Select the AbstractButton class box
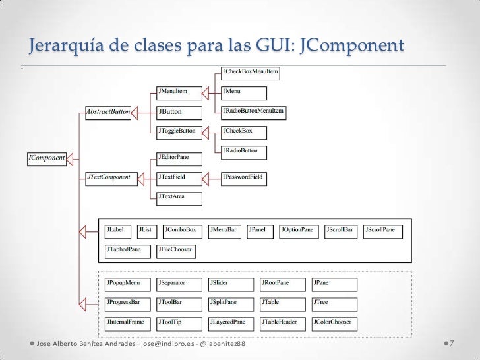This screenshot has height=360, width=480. click(107, 112)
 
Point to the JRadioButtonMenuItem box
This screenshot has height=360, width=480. click(254, 111)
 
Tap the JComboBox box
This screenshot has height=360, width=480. click(181, 230)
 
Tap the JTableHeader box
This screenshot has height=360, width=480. click(282, 322)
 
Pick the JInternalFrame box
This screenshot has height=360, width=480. click(127, 322)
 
